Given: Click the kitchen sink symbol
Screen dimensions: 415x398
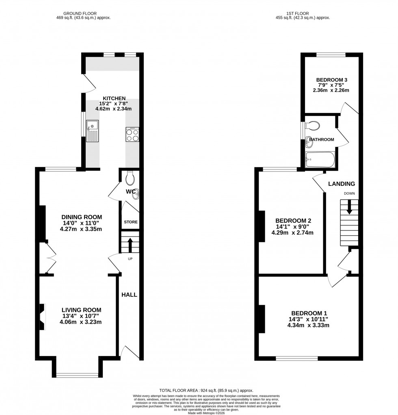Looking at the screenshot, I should click(x=92, y=131).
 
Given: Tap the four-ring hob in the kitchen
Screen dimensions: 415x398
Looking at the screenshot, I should click(x=132, y=135).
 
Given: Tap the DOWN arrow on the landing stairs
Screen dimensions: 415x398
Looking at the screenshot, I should click(x=349, y=208).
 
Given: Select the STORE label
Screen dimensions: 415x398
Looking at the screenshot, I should click(x=131, y=222).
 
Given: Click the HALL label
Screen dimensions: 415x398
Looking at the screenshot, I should click(x=129, y=295).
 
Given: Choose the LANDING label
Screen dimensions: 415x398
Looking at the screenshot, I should click(x=344, y=184).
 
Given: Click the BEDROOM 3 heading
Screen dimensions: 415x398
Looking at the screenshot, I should click(x=331, y=80).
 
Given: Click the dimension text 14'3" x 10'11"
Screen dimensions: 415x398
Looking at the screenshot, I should click(x=309, y=319).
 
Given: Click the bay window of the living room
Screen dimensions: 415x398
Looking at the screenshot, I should click(x=77, y=374).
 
